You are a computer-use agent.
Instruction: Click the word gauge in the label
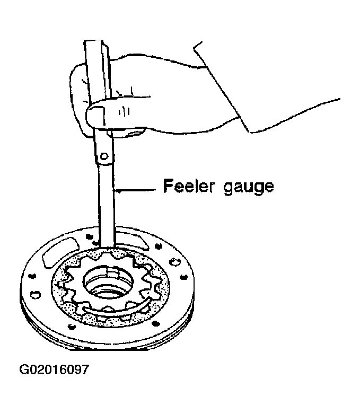pyautogui.click(x=249, y=188)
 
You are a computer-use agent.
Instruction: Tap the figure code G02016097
pyautogui.click(x=54, y=369)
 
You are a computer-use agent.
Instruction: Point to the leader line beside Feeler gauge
pyautogui.click(x=135, y=190)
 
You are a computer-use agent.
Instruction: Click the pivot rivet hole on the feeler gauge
pyautogui.click(x=104, y=156)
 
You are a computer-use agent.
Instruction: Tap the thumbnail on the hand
pyautogui.click(x=95, y=115)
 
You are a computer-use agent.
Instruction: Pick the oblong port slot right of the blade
pyautogui.click(x=131, y=240)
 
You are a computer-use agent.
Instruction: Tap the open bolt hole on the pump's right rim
pyautogui.click(x=174, y=262)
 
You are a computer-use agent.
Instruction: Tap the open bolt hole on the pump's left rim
pyautogui.click(x=34, y=294)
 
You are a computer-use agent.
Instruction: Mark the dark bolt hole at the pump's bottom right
pyautogui.click(x=155, y=323)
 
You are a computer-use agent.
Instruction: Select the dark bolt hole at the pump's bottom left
pyautogui.click(x=71, y=327)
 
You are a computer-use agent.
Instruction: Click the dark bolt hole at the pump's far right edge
pyautogui.click(x=183, y=277)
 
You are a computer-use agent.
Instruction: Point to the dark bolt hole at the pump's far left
pyautogui.click(x=32, y=276)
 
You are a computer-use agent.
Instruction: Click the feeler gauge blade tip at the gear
pyautogui.click(x=108, y=247)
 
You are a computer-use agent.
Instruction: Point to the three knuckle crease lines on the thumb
pyautogui.click(x=124, y=111)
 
